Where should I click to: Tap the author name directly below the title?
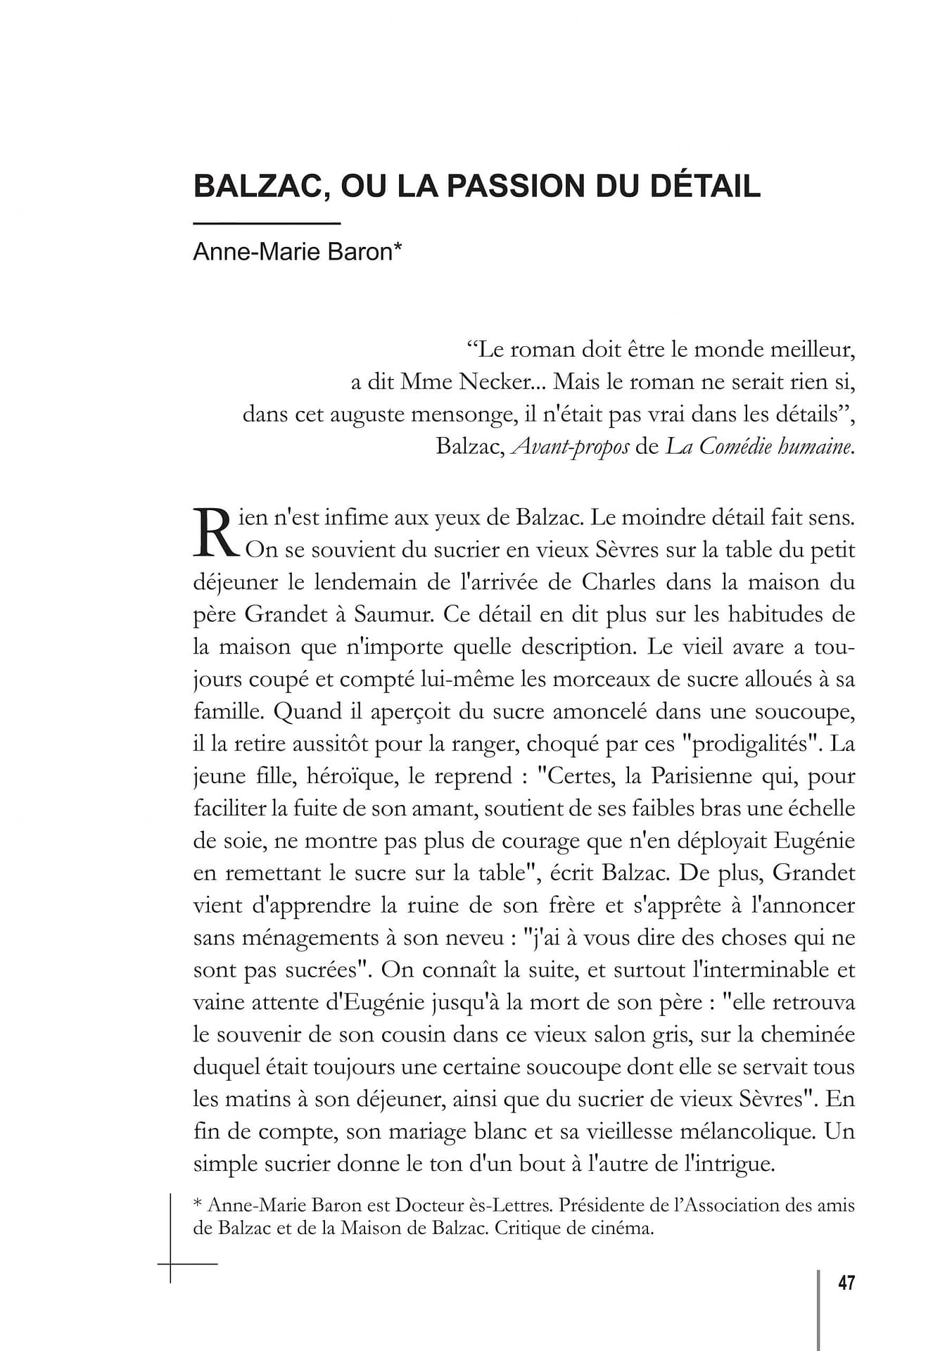click(297, 252)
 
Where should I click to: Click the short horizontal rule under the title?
click(267, 224)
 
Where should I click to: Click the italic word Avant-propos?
click(570, 447)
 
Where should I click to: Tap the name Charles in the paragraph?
click(618, 582)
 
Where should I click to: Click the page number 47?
click(846, 1283)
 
